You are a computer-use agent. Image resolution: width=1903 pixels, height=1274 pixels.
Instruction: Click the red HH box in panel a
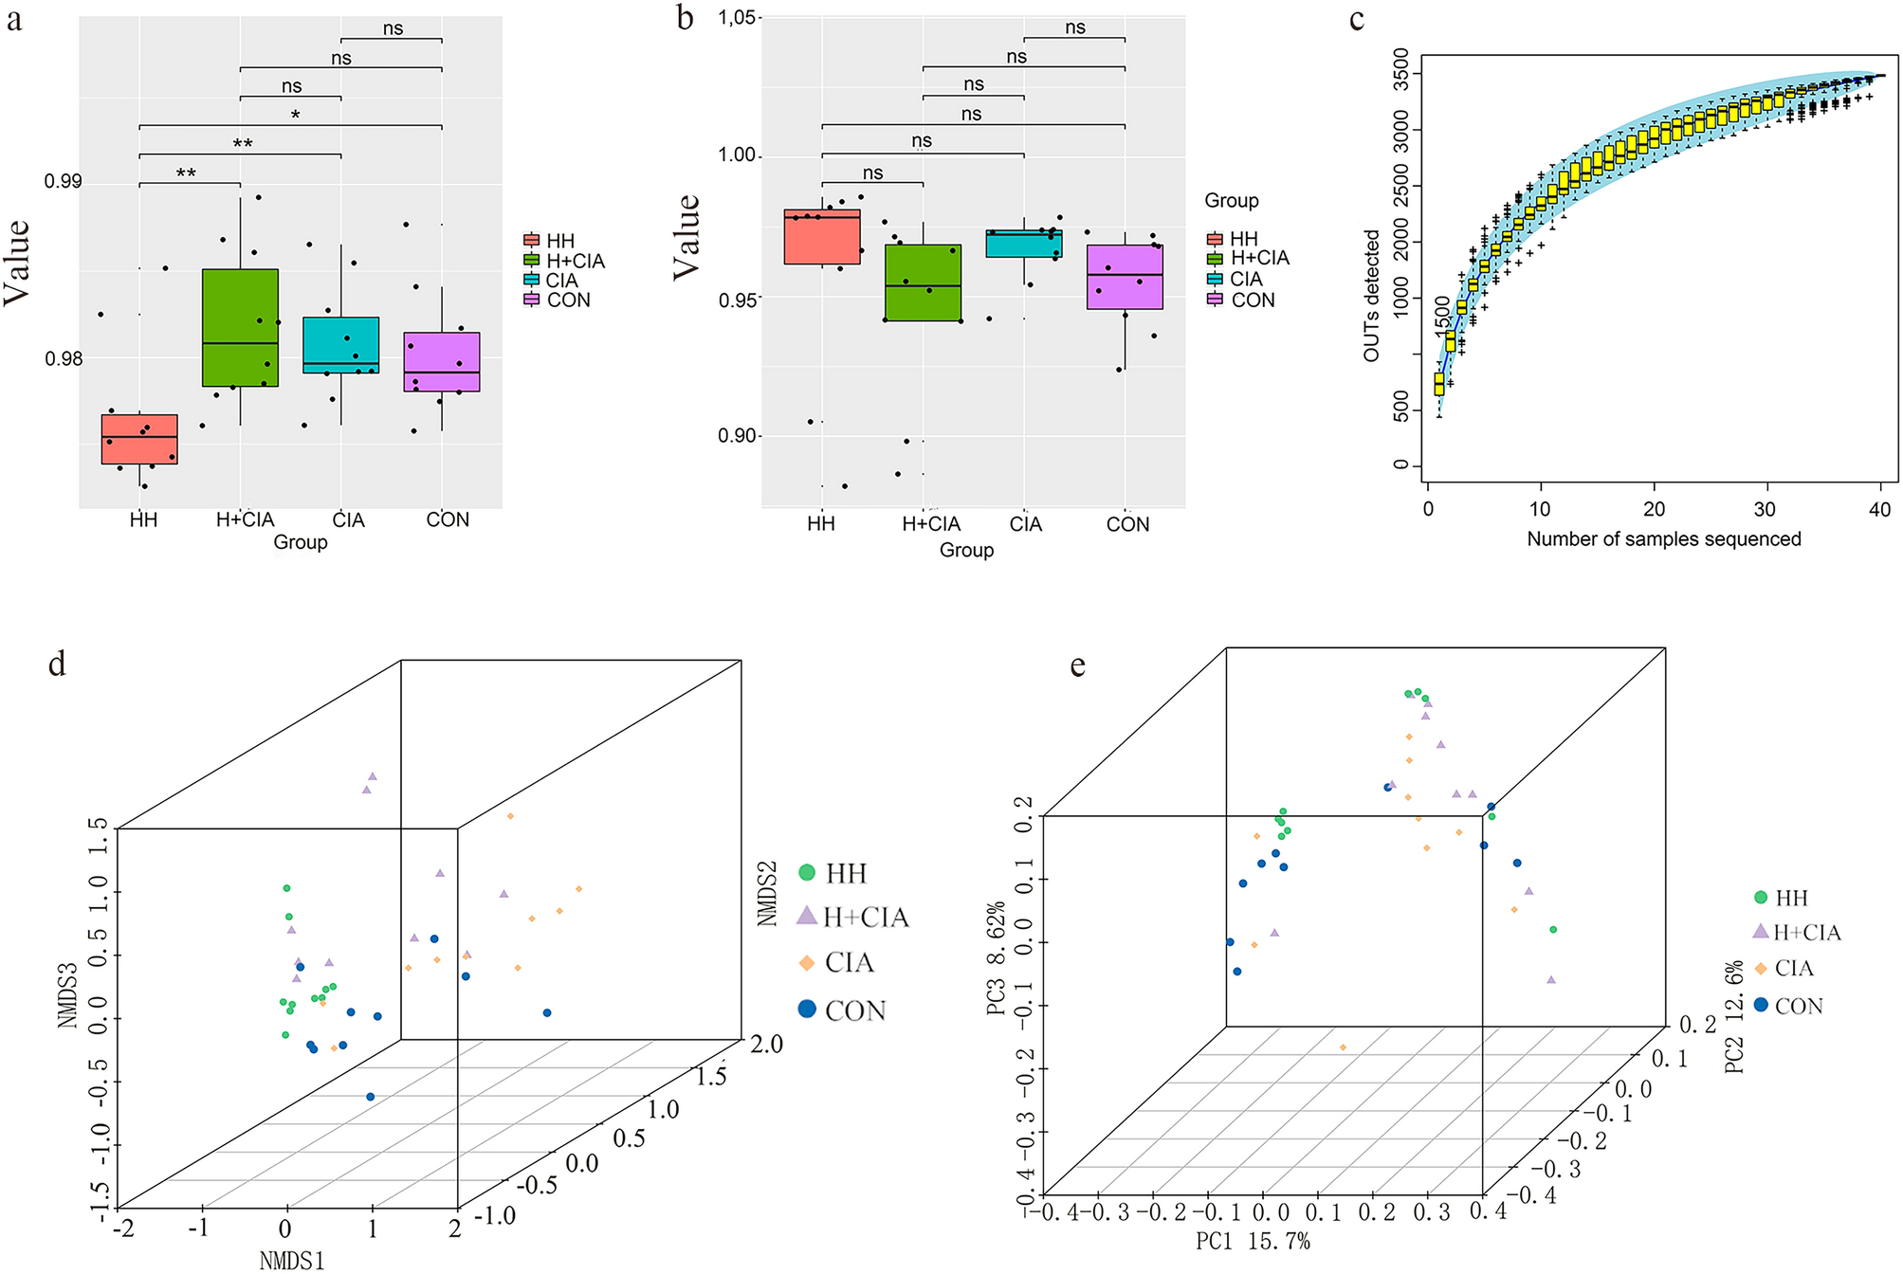139,439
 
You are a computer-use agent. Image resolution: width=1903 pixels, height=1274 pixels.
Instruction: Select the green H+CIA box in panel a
240,327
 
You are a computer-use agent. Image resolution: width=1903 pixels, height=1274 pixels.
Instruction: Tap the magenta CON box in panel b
1125,277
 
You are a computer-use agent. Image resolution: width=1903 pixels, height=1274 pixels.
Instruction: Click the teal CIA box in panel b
1023,244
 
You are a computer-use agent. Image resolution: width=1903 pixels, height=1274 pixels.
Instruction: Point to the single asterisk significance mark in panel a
295,116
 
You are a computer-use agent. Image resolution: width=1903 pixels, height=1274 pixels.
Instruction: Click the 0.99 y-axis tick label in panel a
64,181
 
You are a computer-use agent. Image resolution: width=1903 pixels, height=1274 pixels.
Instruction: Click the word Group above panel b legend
1231,201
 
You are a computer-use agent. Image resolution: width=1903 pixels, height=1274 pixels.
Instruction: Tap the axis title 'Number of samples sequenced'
1663,539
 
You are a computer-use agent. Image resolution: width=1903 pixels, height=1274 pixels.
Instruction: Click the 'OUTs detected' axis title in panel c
1371,295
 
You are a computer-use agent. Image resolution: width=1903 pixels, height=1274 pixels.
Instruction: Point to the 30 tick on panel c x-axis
1764,510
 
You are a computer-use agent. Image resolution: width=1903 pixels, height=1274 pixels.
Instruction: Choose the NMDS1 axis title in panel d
291,1260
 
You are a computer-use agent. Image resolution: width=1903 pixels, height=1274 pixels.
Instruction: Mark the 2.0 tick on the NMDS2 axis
766,1045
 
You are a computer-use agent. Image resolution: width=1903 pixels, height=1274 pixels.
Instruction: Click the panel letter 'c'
1357,20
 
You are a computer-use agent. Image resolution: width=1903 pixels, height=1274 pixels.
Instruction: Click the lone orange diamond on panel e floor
1343,1047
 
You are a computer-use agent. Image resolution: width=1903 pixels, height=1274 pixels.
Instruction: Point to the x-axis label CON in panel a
447,519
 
